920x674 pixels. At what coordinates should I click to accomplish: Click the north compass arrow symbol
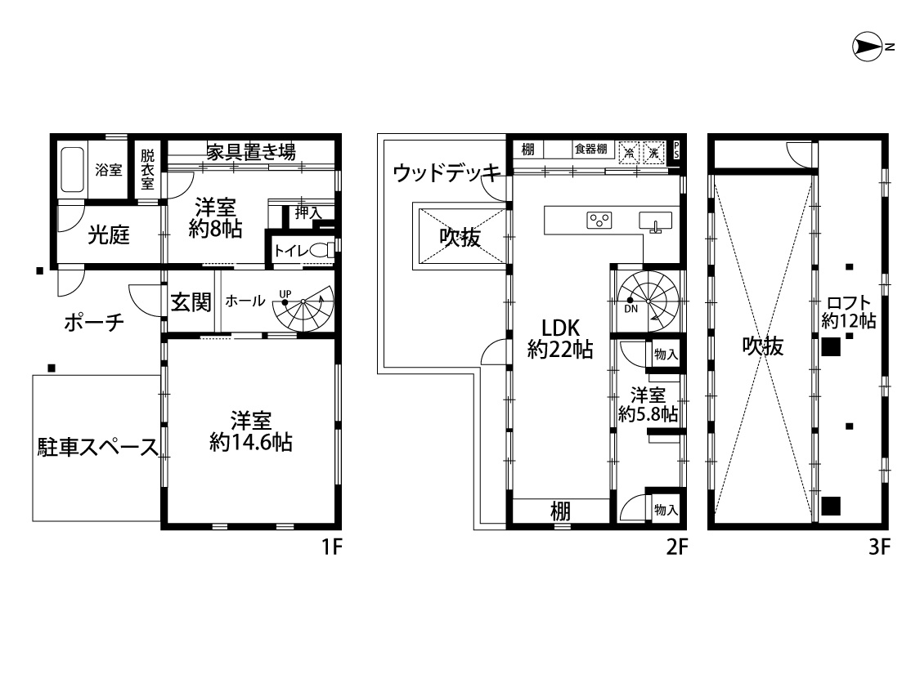pyautogui.click(x=868, y=47)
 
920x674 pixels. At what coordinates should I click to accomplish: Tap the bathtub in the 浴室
pyautogui.click(x=72, y=169)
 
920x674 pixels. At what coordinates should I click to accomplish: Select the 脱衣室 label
pyautogui.click(x=147, y=169)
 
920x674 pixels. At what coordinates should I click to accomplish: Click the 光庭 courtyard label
pyautogui.click(x=109, y=235)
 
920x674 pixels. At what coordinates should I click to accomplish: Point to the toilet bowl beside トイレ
pyautogui.click(x=321, y=250)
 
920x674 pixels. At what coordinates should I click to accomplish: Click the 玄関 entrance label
pyautogui.click(x=191, y=302)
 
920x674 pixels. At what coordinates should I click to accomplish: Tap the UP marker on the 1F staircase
pyautogui.click(x=285, y=293)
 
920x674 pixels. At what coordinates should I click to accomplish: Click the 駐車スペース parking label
pyautogui.click(x=98, y=447)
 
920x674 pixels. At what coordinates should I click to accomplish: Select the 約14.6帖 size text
pyautogui.click(x=251, y=442)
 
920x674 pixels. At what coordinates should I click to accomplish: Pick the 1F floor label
pyautogui.click(x=331, y=547)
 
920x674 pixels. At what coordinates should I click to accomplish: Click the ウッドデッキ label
pyautogui.click(x=447, y=172)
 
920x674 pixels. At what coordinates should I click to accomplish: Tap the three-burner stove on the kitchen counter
pyautogui.click(x=599, y=221)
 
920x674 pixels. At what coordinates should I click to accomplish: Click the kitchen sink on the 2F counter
pyautogui.click(x=655, y=221)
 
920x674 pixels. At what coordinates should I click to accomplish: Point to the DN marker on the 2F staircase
pyautogui.click(x=631, y=308)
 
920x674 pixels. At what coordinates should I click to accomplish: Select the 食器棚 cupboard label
pyautogui.click(x=590, y=149)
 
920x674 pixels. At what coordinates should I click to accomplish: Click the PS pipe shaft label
pyautogui.click(x=676, y=150)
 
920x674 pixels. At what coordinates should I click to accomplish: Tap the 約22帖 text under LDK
pyautogui.click(x=560, y=350)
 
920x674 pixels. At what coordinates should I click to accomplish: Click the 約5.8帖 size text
pyautogui.click(x=648, y=413)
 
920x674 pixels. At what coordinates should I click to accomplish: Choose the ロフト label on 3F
pyautogui.click(x=848, y=303)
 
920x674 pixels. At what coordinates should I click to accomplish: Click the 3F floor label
pyautogui.click(x=879, y=547)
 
